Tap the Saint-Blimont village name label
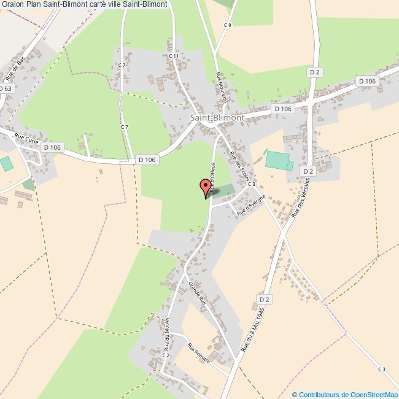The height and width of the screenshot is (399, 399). pyautogui.click(x=217, y=117)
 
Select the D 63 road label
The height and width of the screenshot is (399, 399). pyautogui.click(x=6, y=88)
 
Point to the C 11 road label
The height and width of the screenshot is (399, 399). pyautogui.click(x=173, y=56)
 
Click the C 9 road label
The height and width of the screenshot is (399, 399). pyautogui.click(x=228, y=25)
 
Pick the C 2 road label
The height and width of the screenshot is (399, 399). pyautogui.click(x=165, y=355)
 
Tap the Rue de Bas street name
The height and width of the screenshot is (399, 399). pyautogui.click(x=14, y=69)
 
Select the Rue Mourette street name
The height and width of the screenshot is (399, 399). pyautogui.click(x=222, y=88)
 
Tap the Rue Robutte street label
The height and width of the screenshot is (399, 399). pyautogui.click(x=199, y=352)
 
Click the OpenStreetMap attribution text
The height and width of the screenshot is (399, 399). pyautogui.click(x=345, y=394)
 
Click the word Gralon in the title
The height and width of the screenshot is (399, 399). pyautogui.click(x=12, y=4)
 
